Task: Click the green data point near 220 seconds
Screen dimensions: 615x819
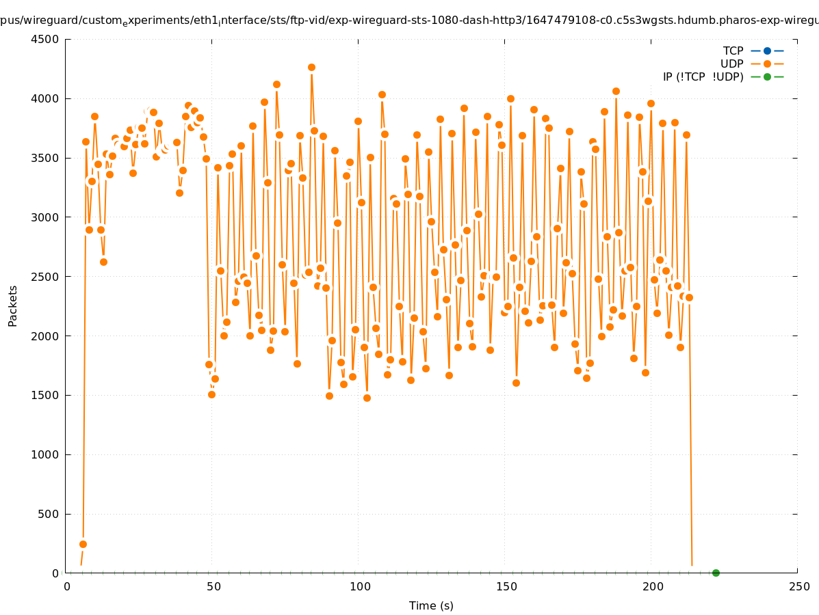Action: (x=716, y=573)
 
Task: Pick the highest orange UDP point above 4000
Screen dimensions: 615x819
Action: (x=311, y=67)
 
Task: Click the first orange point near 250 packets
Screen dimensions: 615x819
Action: (x=83, y=544)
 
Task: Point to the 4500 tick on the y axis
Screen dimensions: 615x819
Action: (x=46, y=39)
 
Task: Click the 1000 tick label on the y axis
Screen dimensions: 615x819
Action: (x=46, y=454)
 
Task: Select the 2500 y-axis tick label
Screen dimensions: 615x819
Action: (x=46, y=277)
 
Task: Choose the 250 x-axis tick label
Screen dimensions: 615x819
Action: (x=797, y=586)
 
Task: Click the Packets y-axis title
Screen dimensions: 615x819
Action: (x=13, y=305)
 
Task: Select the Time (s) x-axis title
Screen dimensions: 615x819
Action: (x=431, y=605)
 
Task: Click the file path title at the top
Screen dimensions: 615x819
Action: (x=409, y=21)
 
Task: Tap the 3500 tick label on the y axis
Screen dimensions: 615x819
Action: (x=46, y=158)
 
